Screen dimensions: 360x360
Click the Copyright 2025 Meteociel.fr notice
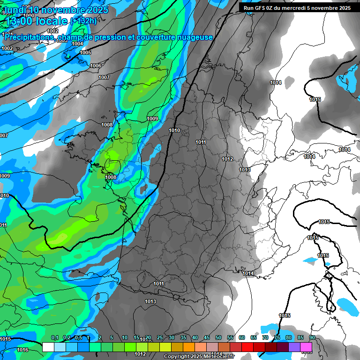199,357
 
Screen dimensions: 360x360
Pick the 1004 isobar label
77,44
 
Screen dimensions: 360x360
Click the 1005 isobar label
85,52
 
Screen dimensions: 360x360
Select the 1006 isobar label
96,66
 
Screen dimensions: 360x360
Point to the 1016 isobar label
22,350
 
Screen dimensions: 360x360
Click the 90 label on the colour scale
312,337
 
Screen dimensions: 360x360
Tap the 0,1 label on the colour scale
54,337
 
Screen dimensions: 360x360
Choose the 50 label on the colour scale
218,337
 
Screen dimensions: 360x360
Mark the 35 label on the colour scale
183,337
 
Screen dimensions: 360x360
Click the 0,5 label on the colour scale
78,337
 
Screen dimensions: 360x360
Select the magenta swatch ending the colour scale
306,347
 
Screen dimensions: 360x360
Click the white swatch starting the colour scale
48,347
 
